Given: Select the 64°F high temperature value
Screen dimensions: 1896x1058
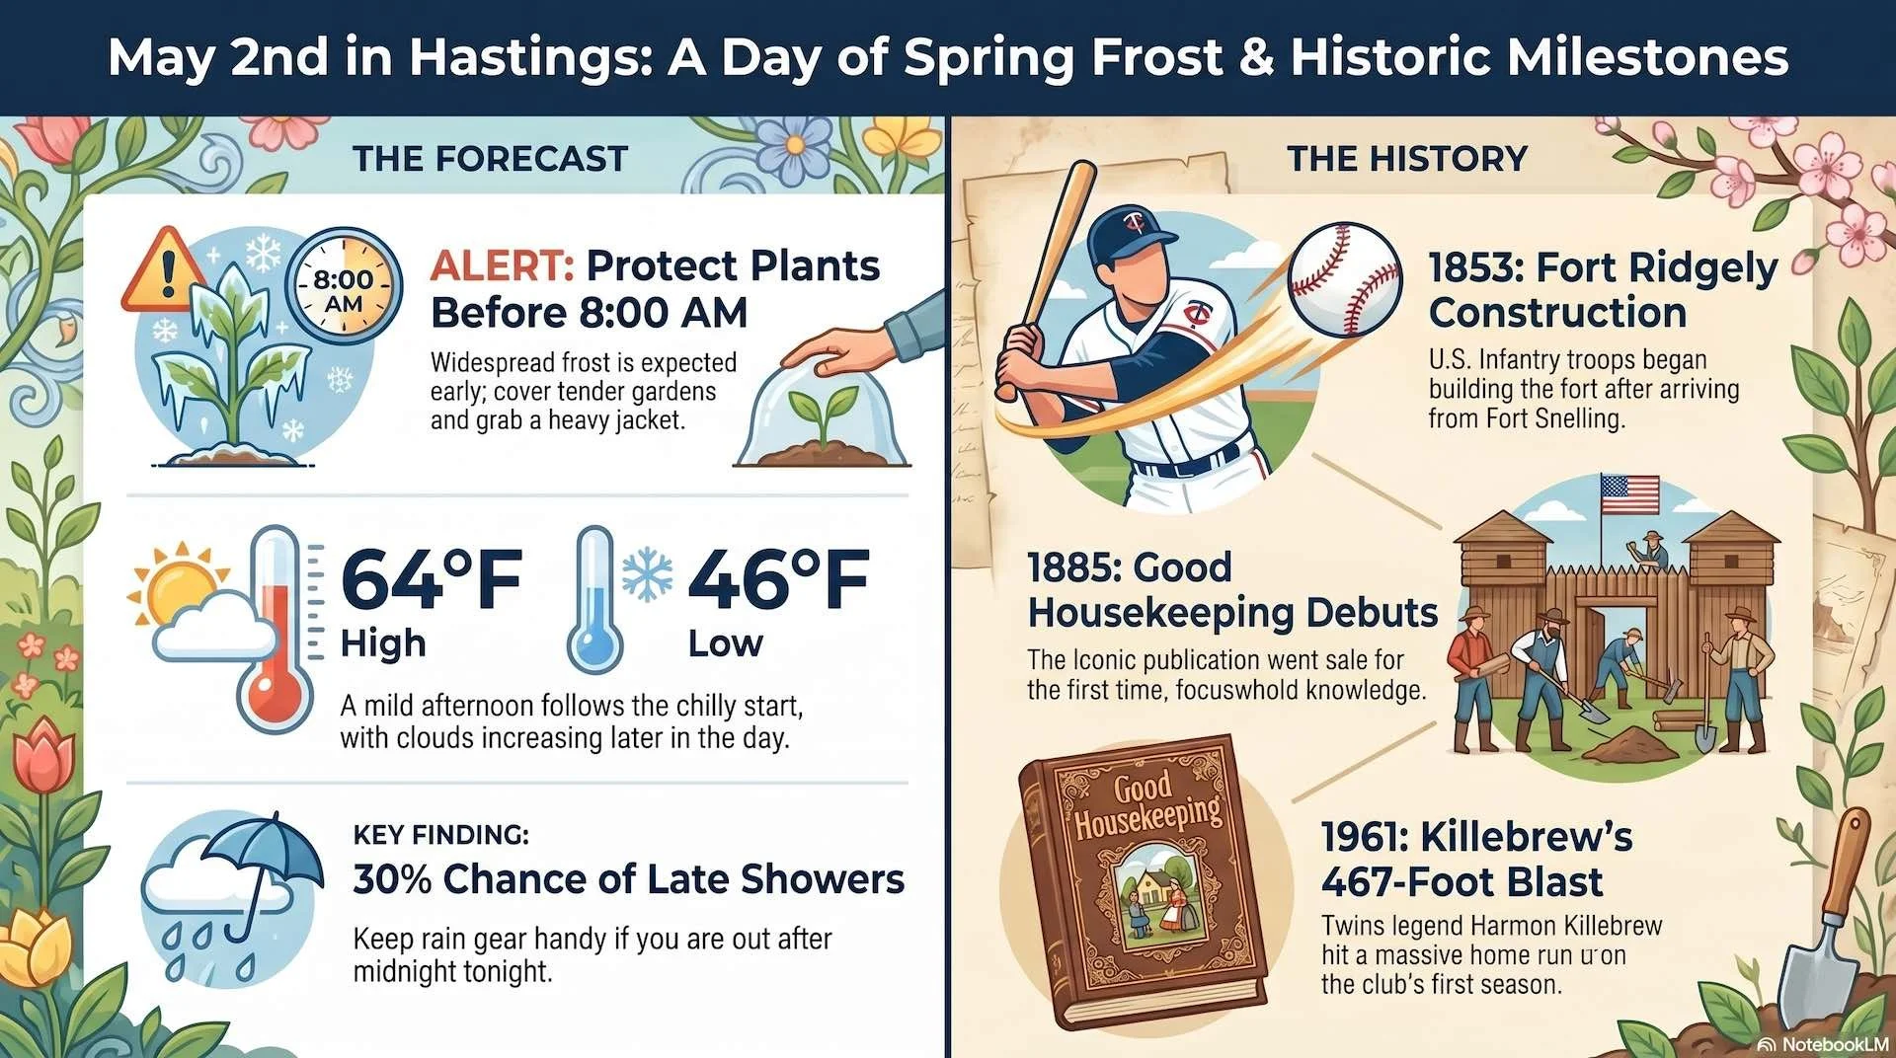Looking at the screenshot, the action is (x=431, y=580).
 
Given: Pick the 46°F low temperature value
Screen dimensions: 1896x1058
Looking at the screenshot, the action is (x=778, y=580).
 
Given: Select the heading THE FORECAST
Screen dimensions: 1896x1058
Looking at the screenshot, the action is (x=491, y=159).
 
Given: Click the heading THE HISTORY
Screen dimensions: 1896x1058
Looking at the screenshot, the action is (x=1407, y=159).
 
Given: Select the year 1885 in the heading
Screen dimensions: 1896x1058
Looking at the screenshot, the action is (x=1071, y=568).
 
